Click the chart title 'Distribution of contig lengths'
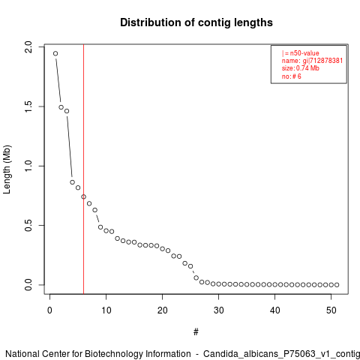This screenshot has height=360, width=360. (196, 22)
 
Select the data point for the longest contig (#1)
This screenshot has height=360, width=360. (55, 53)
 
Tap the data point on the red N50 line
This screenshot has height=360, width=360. (83, 196)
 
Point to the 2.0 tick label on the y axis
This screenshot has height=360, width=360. (28, 47)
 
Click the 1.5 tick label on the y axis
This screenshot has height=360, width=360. (28, 106)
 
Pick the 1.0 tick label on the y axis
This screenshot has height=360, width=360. (28, 166)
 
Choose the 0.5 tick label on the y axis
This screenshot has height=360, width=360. (28, 225)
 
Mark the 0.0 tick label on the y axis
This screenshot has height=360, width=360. (28, 285)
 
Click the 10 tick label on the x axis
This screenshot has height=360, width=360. (106, 310)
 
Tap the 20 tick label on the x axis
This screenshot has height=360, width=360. (163, 310)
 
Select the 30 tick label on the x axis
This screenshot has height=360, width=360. (219, 310)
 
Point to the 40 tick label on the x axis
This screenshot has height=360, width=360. (275, 310)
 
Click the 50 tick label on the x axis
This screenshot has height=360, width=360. (331, 310)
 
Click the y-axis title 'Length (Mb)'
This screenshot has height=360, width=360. (7, 169)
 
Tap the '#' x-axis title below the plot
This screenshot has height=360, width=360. (196, 332)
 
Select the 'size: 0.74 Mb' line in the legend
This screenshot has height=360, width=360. (301, 68)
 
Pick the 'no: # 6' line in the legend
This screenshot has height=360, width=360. (292, 76)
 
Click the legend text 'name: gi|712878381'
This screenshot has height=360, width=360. (312, 61)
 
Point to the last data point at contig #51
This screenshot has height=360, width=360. (337, 285)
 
